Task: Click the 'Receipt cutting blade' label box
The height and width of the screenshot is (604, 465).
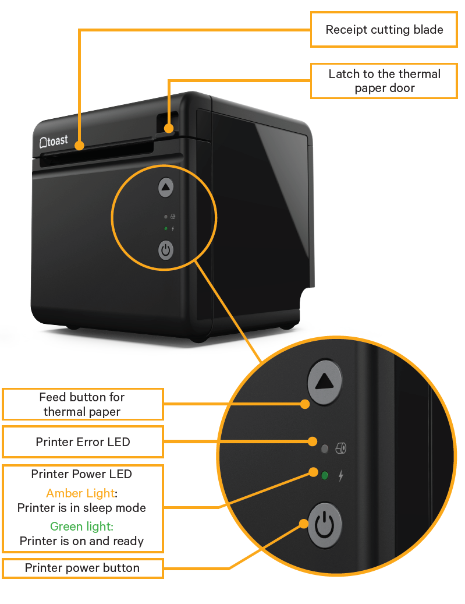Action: pos(384,30)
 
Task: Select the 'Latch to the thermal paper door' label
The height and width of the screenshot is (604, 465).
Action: pos(384,81)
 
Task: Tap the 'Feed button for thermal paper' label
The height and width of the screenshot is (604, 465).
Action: pos(82,404)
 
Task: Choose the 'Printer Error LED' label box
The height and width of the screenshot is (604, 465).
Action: pos(83,442)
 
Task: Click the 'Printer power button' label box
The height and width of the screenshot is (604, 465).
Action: pos(82,568)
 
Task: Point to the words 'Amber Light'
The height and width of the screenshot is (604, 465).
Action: pos(80,493)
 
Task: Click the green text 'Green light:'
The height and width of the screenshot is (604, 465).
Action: pos(81,526)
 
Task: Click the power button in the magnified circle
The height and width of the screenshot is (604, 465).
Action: pos(324,525)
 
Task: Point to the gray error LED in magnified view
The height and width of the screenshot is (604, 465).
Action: pos(325,448)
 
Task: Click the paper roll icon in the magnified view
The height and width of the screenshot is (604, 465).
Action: pos(341,448)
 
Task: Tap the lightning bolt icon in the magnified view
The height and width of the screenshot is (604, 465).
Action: pos(341,476)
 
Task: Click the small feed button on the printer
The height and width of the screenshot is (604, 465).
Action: pos(166,188)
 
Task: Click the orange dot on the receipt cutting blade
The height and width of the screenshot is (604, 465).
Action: pos(79,146)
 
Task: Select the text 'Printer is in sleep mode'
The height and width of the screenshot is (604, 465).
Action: pos(81,508)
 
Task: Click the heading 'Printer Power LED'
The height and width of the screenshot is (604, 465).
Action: pos(81,474)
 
